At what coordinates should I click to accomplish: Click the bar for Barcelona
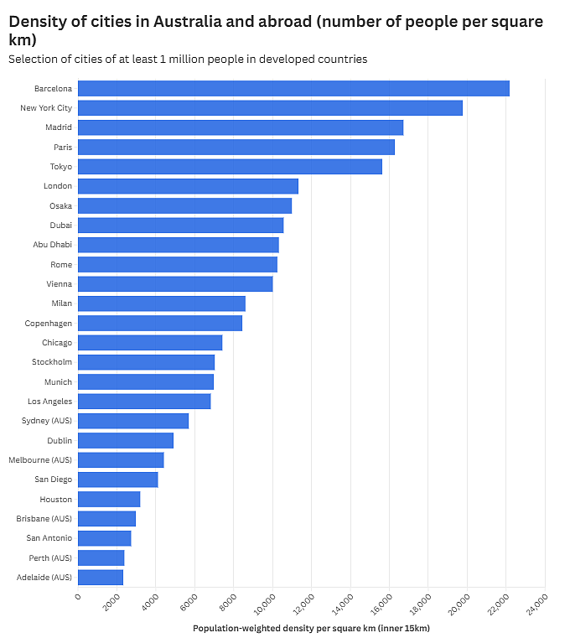pyautogui.click(x=293, y=89)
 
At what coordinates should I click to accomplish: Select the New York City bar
pyautogui.click(x=270, y=108)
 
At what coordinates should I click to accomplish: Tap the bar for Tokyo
pyautogui.click(x=230, y=167)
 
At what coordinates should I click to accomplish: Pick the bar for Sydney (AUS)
pyautogui.click(x=133, y=421)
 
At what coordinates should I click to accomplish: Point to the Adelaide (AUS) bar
pyautogui.click(x=101, y=578)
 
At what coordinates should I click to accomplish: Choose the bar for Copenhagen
pyautogui.click(x=160, y=323)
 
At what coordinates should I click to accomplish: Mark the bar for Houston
pyautogui.click(x=109, y=499)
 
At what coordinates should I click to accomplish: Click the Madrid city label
pyautogui.click(x=59, y=127)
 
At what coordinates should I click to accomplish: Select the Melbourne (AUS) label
pyautogui.click(x=40, y=460)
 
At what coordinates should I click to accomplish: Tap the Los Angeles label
pyautogui.click(x=49, y=402)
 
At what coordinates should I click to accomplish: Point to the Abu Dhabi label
pyautogui.click(x=53, y=245)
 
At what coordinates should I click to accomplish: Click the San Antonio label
pyautogui.click(x=49, y=538)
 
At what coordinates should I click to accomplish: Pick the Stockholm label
pyautogui.click(x=52, y=362)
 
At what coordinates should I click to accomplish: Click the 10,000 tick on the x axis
pyautogui.click(x=265, y=605)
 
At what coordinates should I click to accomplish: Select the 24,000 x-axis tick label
pyautogui.click(x=536, y=605)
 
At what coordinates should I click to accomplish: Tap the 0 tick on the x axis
pyautogui.click(x=78, y=596)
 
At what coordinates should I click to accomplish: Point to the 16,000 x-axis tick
pyautogui.click(x=381, y=605)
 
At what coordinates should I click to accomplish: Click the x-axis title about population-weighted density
pyautogui.click(x=311, y=628)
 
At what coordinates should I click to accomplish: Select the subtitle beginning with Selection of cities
pyautogui.click(x=188, y=60)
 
